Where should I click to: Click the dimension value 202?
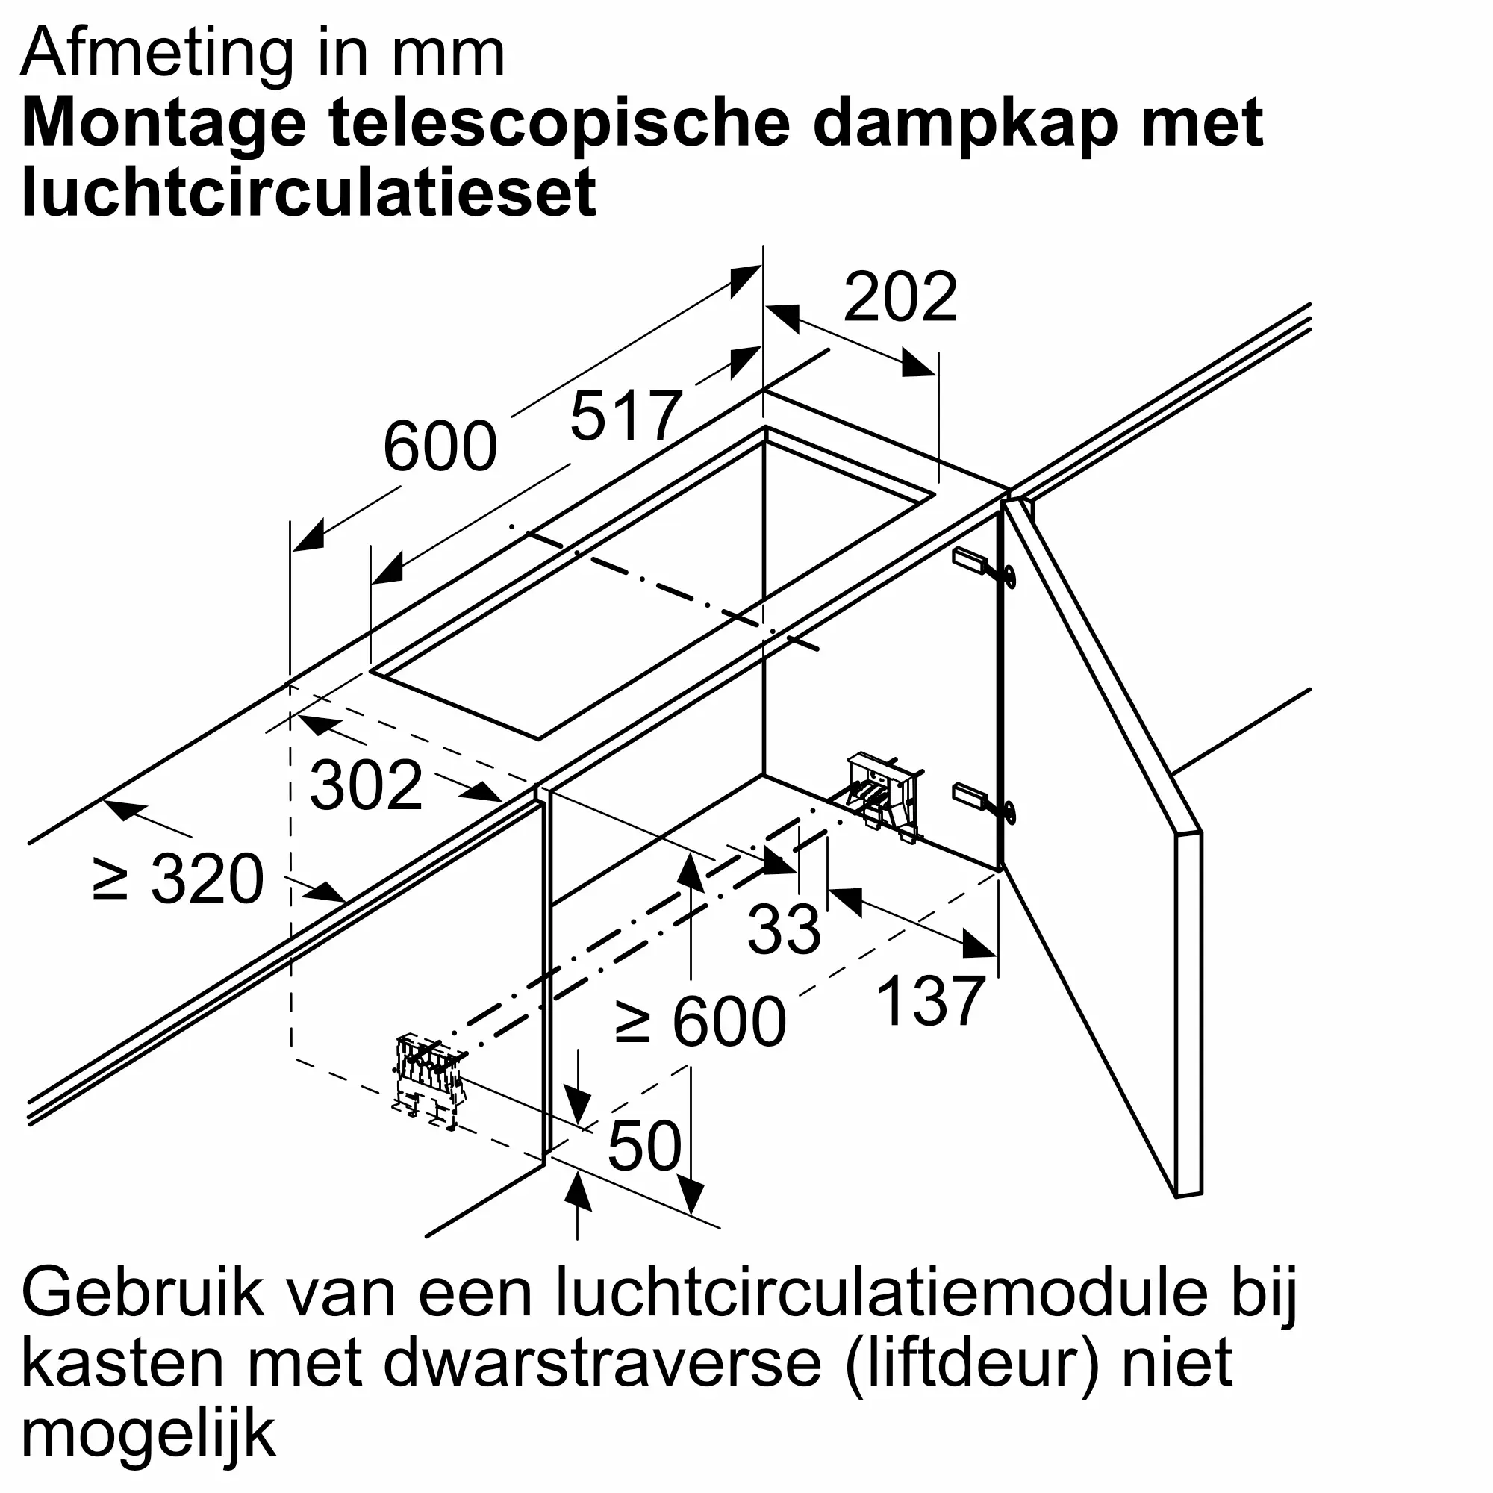tap(900, 298)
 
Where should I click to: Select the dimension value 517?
tap(626, 417)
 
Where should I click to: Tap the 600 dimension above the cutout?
tap(440, 446)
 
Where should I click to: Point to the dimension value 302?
tap(366, 786)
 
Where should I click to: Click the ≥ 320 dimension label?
tap(178, 879)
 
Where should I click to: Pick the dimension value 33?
tap(783, 928)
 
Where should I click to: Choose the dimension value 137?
tap(930, 1002)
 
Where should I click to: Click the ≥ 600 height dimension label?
tap(700, 1022)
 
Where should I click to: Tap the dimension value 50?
tap(644, 1146)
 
